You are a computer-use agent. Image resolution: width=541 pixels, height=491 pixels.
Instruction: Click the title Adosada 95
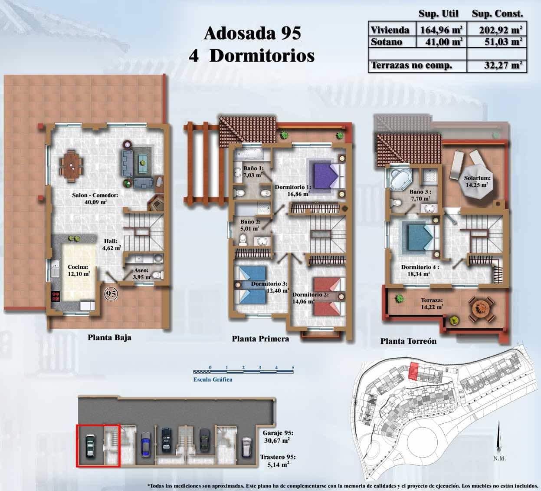click(x=252, y=33)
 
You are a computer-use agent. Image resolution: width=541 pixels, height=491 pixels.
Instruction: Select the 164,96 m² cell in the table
click(x=440, y=30)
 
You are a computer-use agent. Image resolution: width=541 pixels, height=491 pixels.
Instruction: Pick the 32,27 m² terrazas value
click(x=503, y=66)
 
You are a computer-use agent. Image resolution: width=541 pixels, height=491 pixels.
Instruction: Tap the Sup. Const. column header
click(x=497, y=14)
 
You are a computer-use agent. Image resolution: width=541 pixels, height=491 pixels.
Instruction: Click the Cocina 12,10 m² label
click(x=79, y=270)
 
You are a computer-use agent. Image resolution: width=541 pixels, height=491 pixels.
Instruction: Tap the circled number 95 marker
click(x=111, y=294)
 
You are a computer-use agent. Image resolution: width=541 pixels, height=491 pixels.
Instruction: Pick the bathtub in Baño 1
click(x=246, y=154)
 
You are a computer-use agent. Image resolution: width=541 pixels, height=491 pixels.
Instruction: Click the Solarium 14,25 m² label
click(x=477, y=181)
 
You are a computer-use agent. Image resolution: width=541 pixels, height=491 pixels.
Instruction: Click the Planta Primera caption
click(x=260, y=339)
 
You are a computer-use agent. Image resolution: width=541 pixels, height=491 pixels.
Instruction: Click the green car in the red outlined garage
click(x=90, y=446)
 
